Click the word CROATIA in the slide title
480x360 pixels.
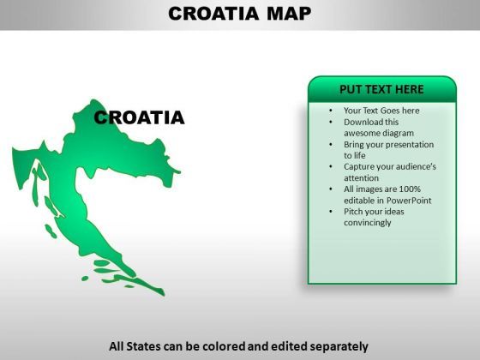coord(213,14)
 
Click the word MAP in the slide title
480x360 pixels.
coord(289,14)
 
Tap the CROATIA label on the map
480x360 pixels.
coord(139,117)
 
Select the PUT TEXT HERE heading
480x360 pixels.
coord(381,89)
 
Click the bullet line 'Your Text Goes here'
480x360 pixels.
coord(381,111)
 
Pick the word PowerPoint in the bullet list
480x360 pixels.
coord(409,201)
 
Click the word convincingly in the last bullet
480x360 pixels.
coord(368,223)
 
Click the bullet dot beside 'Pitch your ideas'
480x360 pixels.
coord(331,212)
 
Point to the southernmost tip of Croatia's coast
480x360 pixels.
coord(164,295)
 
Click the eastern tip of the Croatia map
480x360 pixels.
coord(180,172)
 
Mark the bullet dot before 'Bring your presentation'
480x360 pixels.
coord(331,145)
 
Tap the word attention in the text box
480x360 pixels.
coord(361,178)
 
